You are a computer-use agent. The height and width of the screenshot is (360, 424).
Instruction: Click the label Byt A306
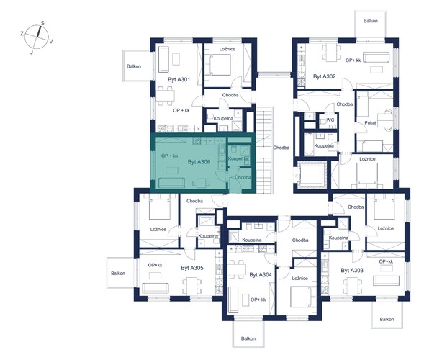[x=199, y=162]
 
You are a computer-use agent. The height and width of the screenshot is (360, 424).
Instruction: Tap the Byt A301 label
[x=179, y=79]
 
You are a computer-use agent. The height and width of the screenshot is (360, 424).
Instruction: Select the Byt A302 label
[x=324, y=76]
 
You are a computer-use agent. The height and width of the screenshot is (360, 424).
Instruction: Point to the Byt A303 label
[x=352, y=270]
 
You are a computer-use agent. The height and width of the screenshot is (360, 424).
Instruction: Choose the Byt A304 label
[x=261, y=275]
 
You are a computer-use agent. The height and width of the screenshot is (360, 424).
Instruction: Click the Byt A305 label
[x=192, y=268]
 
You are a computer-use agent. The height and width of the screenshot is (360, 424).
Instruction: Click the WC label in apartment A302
[x=330, y=120]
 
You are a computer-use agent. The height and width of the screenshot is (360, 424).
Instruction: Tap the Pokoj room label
[x=370, y=123]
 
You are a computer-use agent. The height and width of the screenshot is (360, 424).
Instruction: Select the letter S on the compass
[x=42, y=23]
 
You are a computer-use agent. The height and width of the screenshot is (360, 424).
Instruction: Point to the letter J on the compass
[x=32, y=53]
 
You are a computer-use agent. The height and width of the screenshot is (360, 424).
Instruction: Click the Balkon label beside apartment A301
[x=134, y=66]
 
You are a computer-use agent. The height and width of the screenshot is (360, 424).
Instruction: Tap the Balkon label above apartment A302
[x=371, y=21]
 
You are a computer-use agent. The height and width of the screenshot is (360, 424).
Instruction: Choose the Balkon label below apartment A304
[x=248, y=338]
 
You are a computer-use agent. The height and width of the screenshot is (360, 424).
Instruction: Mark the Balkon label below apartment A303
[x=387, y=320]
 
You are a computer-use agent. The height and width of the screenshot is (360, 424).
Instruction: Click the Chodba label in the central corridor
[x=281, y=148]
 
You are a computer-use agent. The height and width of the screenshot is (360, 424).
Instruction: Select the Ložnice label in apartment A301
[x=227, y=49]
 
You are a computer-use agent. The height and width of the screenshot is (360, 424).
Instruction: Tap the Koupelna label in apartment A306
[x=238, y=158]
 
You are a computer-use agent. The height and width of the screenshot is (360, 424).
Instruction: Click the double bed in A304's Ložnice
[x=301, y=297]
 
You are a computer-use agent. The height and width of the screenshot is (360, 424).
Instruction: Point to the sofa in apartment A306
[x=171, y=183]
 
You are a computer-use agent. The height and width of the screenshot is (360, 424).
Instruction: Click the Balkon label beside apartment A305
[x=118, y=274]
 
